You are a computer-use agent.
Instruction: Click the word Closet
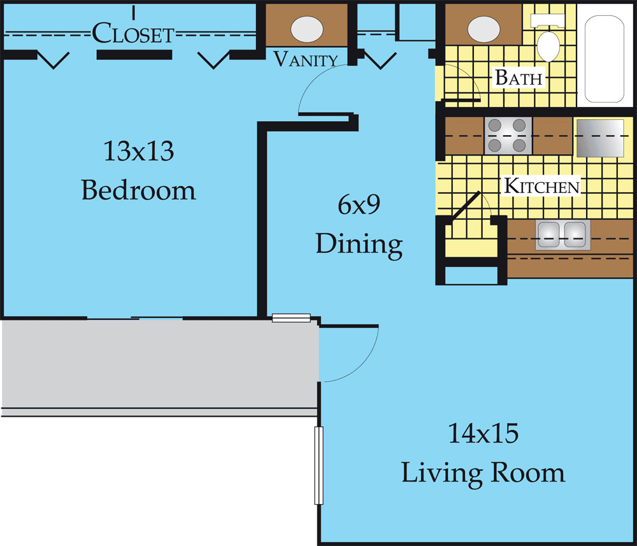pos(133,33)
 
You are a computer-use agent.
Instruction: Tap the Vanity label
pos(306,59)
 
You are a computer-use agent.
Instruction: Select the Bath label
pos(519,77)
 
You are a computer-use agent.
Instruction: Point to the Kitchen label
pos(541,186)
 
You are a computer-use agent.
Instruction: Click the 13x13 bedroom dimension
pos(139,151)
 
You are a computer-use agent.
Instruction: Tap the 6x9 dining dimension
pos(359,205)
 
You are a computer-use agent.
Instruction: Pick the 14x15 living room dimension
pos(483,433)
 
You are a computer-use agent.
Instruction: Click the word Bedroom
pos(138,190)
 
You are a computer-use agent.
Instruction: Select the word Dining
pos(359,245)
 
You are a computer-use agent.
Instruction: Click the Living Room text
pos(483,473)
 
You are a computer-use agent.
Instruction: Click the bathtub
pos(604,59)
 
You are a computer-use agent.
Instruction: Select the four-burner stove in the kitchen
pos(508,136)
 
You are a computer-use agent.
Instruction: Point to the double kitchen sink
pos(562,235)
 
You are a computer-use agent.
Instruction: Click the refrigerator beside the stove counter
pos(601,138)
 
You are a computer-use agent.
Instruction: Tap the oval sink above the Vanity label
pos(307,29)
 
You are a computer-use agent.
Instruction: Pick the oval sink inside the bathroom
pos(483,29)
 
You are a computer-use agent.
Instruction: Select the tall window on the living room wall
pos(319,466)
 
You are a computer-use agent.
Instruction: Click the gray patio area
pos(159,364)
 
